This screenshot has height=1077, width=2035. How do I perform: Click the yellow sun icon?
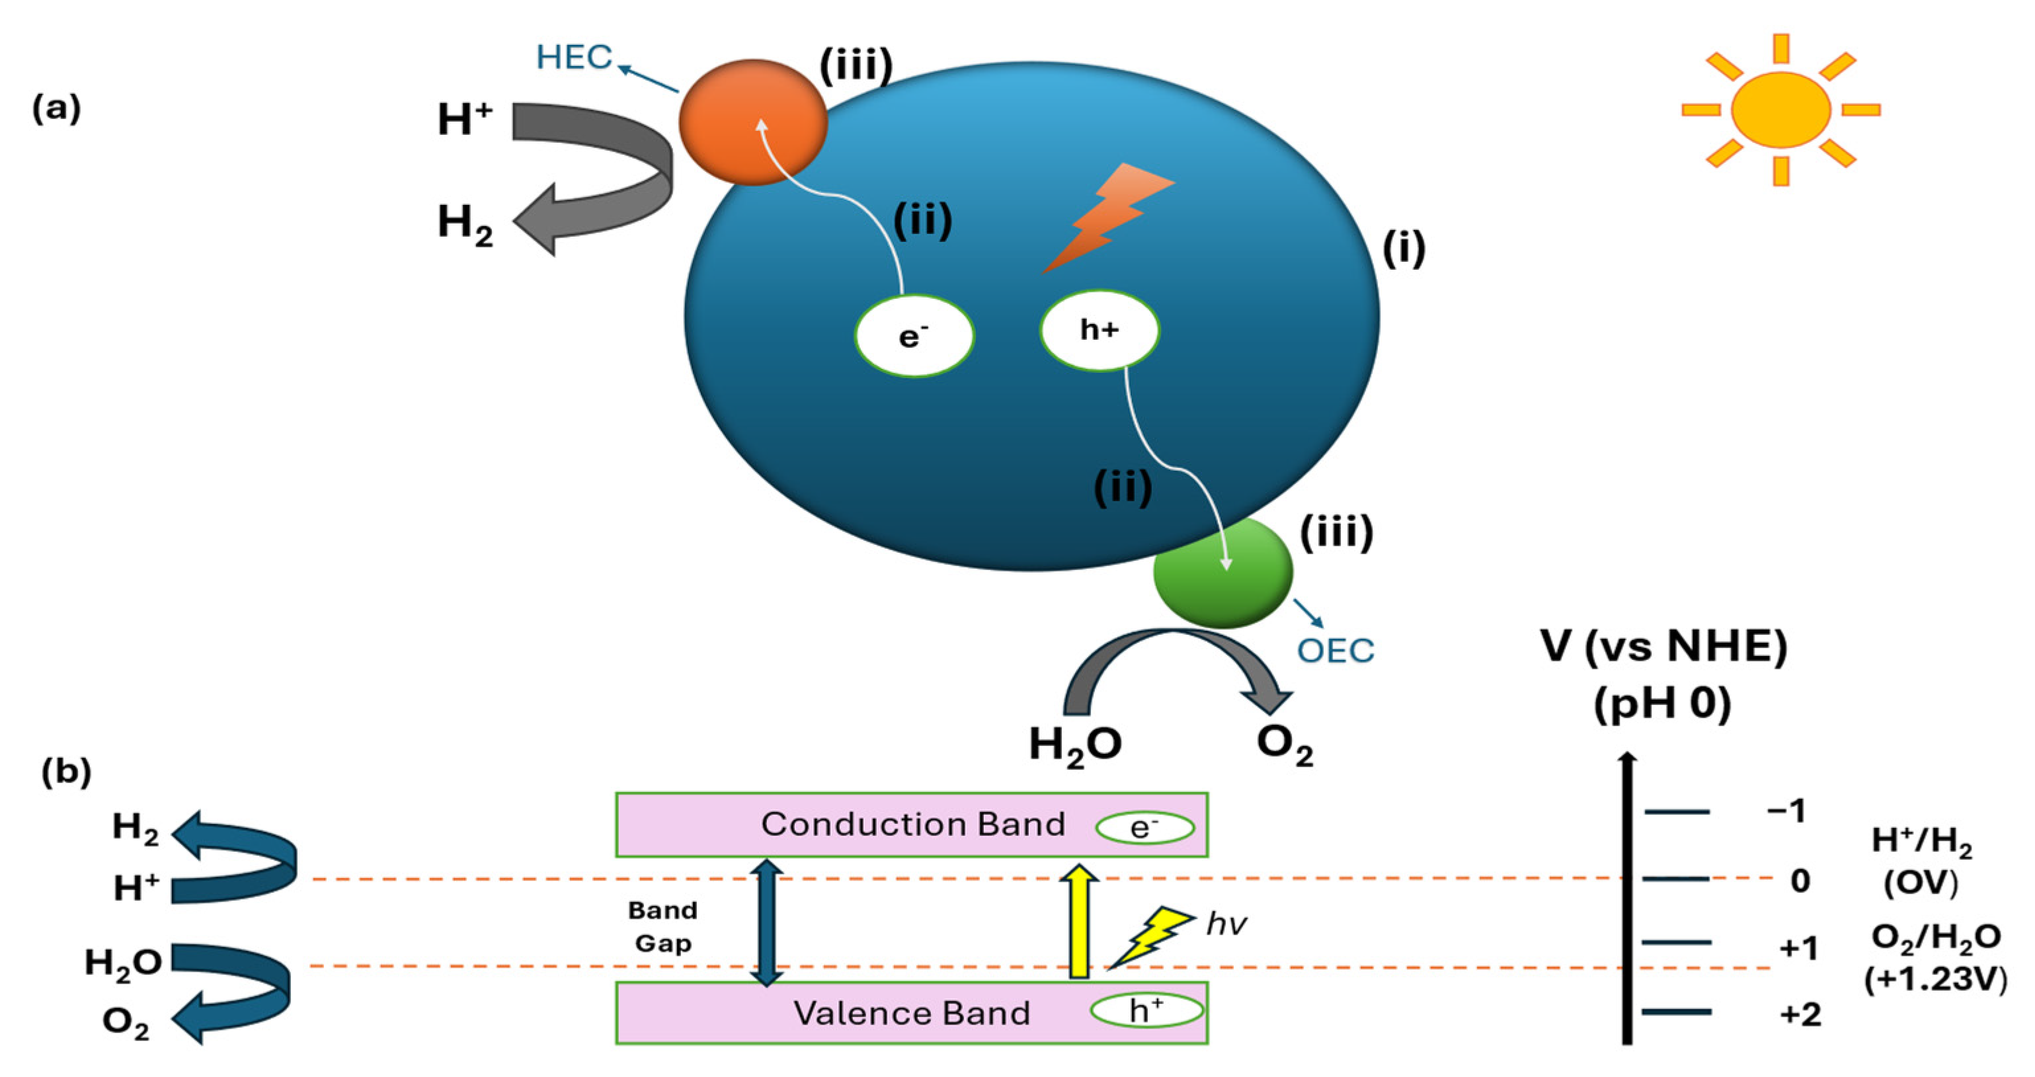[1780, 110]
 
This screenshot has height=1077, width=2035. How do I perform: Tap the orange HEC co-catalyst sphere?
[752, 122]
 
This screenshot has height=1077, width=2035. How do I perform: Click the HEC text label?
[573, 58]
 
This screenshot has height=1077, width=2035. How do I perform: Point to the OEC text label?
[1335, 651]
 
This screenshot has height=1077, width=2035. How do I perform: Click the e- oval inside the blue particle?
[914, 336]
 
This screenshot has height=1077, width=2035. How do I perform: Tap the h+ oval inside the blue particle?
[1099, 329]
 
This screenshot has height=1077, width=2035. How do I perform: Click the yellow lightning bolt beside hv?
[1150, 936]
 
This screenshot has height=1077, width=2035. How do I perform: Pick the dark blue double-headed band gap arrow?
[766, 922]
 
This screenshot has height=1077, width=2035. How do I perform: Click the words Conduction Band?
[912, 824]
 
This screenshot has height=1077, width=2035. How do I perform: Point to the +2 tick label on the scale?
[1800, 1014]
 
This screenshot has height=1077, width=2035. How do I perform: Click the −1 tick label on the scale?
[1787, 811]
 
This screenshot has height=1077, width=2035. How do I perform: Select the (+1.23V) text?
[1935, 980]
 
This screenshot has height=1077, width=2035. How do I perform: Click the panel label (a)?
[56, 108]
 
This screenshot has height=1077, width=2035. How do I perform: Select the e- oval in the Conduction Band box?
[1144, 827]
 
